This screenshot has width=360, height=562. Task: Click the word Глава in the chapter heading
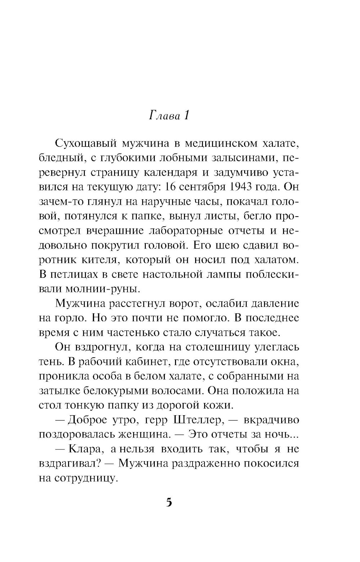[x=164, y=116]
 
